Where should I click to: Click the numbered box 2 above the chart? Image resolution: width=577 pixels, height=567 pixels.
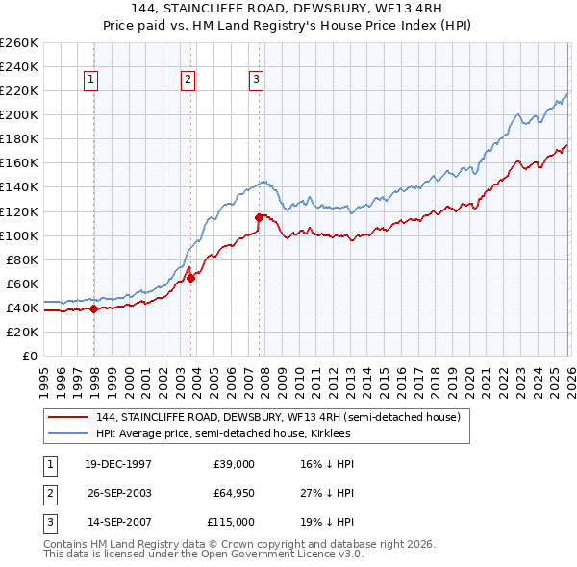tap(188, 81)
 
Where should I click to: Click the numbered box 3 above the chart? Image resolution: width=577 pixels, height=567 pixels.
tap(257, 81)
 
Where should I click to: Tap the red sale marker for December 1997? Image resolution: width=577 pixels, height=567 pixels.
tap(93, 308)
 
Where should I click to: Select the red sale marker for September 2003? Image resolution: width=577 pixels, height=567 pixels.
tap(190, 278)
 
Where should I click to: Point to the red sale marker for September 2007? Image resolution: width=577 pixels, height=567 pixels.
tap(259, 217)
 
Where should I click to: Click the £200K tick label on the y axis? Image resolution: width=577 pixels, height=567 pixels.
tap(19, 114)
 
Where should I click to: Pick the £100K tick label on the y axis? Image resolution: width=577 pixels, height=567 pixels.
tap(19, 235)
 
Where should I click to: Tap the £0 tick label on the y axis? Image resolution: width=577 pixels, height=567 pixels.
tap(28, 356)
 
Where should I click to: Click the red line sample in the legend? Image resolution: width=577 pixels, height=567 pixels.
tap(68, 417)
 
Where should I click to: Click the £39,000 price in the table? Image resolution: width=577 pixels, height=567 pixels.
tap(234, 464)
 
